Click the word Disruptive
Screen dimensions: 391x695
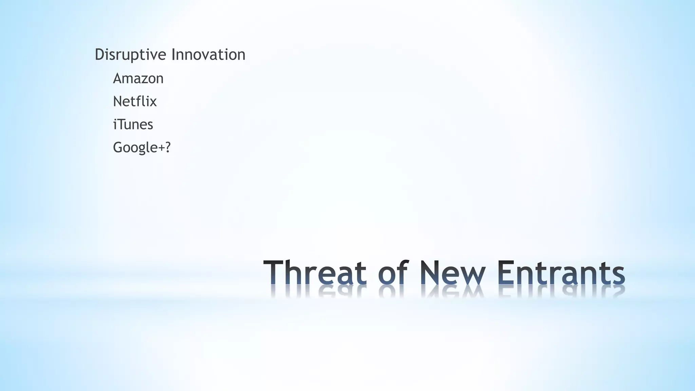(131, 55)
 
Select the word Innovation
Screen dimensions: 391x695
(208, 55)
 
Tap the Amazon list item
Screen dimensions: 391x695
(138, 78)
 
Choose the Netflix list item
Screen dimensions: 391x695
(135, 101)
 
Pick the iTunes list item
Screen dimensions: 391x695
(133, 125)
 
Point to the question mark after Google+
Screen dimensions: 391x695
(167, 147)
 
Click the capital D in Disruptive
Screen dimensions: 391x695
(99, 55)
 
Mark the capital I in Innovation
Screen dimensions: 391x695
(173, 55)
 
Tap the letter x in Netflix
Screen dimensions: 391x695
(153, 102)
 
